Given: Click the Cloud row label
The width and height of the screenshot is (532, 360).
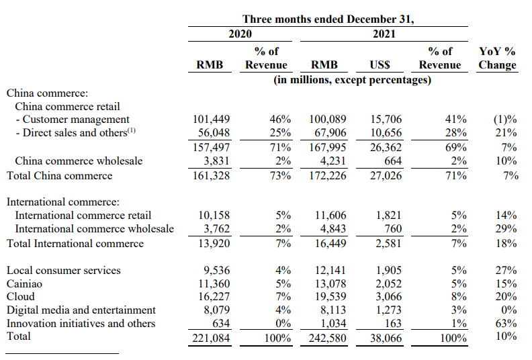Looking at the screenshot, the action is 20,297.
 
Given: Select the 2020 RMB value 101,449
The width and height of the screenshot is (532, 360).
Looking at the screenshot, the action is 211,120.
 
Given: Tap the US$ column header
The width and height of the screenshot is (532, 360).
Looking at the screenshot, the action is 380,64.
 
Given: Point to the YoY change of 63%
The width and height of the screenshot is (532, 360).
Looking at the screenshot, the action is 506,323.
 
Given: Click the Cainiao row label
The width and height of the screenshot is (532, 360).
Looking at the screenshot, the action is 24,283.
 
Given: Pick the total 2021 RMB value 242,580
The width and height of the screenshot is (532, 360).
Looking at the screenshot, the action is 327,339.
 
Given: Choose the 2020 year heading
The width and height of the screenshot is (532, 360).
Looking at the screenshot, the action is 240,34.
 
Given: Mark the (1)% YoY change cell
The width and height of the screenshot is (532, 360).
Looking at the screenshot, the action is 505,120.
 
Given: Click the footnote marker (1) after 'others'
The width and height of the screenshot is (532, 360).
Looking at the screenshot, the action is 131,130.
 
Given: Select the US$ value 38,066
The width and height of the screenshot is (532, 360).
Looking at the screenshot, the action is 386,339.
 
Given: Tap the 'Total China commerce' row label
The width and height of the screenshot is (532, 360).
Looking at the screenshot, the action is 59,176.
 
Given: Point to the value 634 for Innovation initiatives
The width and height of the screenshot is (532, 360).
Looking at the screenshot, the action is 221,323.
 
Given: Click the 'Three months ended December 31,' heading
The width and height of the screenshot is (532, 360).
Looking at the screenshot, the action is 328,19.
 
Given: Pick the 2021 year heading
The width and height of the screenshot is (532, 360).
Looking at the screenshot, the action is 384,34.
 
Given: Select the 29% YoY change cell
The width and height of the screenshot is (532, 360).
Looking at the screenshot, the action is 506,228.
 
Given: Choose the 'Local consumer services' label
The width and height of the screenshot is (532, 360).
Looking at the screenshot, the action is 63,271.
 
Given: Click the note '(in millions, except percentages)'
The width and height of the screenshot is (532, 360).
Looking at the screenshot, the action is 352,80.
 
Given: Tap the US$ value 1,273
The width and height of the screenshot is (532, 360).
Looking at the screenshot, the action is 388,310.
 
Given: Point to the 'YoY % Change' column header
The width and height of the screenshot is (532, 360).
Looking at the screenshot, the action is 497,58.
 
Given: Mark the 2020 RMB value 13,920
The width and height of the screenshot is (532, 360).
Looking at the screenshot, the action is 214,244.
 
